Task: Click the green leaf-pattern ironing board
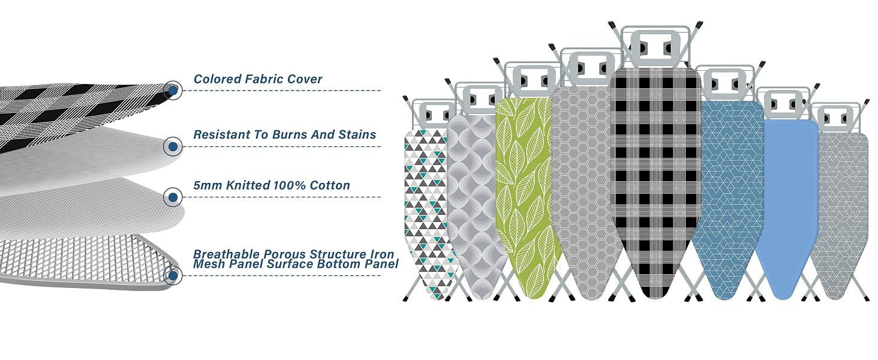point(525,196)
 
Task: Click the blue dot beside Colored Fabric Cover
point(173,91)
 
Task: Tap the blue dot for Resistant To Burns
point(173,146)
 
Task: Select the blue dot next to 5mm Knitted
point(173,197)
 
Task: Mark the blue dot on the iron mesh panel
point(173,275)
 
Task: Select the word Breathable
point(227,254)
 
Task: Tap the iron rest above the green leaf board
point(534,81)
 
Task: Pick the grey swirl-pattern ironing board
point(476,204)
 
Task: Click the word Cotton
point(330,185)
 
